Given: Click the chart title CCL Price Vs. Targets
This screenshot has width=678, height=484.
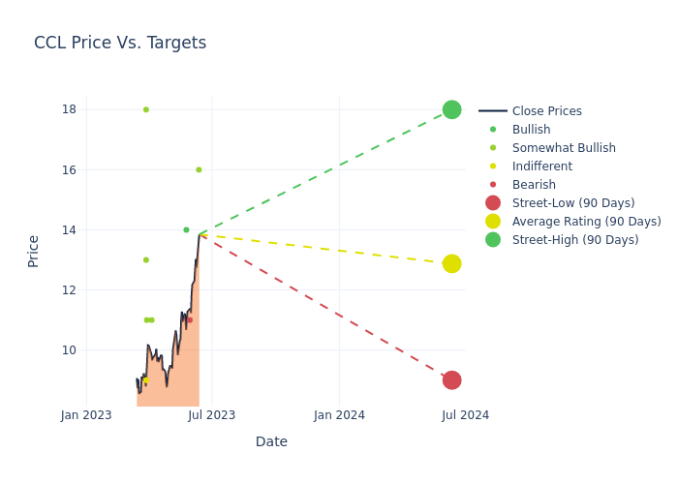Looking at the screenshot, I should coord(120,43).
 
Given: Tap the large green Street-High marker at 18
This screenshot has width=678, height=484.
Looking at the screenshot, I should coord(451,109).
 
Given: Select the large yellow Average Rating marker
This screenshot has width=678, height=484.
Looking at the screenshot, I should coord(451,263).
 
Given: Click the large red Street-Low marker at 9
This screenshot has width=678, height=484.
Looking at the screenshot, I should coord(451,380).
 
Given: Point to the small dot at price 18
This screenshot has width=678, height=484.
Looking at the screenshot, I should coord(146,109).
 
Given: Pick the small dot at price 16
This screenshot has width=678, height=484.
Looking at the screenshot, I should coord(199,169).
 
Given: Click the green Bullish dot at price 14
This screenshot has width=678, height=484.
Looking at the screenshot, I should coord(186,229).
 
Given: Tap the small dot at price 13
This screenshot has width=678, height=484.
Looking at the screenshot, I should coord(146,259).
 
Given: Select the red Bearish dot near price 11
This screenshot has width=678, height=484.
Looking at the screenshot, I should coord(190,319).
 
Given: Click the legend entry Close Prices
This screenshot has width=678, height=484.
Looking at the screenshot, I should coord(546,111).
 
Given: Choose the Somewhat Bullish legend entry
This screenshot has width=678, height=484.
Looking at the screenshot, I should coord(564,148).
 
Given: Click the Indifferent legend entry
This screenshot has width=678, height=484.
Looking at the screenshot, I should coord(541,166).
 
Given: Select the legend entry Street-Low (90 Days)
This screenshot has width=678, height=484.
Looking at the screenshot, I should coord(573,203).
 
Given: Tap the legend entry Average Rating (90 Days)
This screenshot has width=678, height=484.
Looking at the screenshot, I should coord(586,222).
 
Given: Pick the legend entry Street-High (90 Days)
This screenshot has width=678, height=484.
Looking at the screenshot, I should coord(575,240).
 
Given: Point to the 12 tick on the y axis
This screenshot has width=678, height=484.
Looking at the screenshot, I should coord(69,290).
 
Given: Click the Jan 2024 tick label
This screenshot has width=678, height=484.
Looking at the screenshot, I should coord(339,415).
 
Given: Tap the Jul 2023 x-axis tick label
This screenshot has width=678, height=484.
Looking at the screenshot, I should coord(212,415).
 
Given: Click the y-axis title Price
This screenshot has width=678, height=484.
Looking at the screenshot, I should coord(34,251).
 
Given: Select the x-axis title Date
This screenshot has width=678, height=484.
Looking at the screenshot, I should coord(271,441).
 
